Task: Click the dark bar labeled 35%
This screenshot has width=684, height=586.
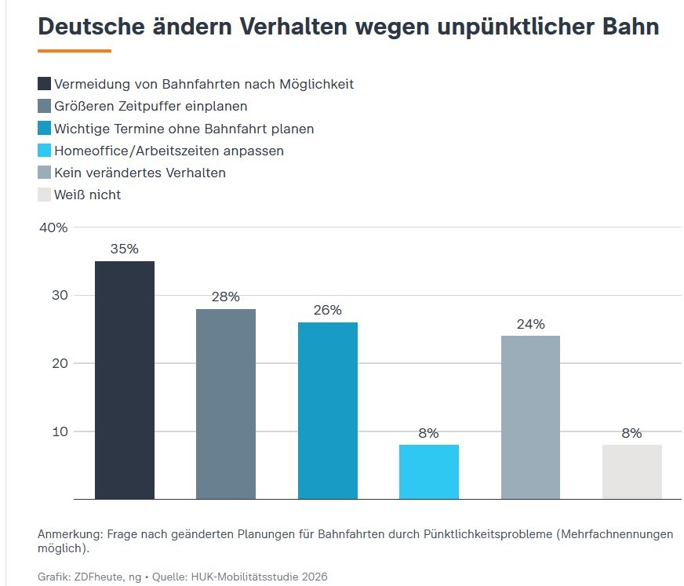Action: tap(125, 380)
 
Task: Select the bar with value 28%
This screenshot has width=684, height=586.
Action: tap(226, 403)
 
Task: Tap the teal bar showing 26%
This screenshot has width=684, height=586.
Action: tap(327, 410)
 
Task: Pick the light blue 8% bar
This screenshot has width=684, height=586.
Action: tap(428, 471)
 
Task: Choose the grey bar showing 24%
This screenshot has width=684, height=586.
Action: tap(530, 417)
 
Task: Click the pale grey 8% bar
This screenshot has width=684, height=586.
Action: tap(631, 471)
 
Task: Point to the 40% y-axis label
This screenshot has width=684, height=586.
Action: tap(53, 227)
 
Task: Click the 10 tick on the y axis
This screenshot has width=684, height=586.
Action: tap(60, 431)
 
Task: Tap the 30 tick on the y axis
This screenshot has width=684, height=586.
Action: tap(60, 296)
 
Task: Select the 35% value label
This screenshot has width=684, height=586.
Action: tap(125, 249)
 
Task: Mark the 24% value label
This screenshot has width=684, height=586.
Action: tap(530, 323)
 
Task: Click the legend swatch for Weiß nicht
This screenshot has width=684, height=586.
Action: tap(45, 195)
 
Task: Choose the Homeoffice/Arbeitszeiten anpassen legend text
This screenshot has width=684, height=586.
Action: tap(169, 151)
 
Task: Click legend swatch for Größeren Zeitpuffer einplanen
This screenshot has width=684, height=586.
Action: tap(45, 106)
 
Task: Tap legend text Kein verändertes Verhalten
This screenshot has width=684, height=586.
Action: tap(140, 173)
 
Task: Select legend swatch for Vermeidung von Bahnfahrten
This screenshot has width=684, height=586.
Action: tap(45, 84)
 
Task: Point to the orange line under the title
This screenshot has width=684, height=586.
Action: tap(75, 51)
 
